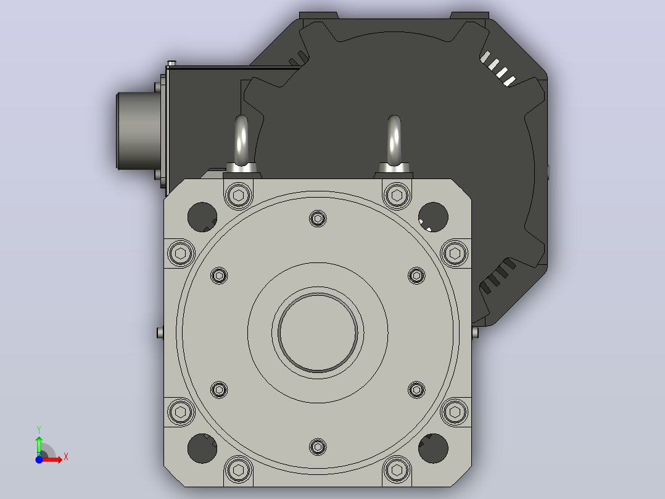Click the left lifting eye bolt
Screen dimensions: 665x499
(x=241, y=145)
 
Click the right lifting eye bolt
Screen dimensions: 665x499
(x=394, y=145)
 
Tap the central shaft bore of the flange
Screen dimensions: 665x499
(x=318, y=332)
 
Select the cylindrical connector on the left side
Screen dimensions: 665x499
(x=138, y=131)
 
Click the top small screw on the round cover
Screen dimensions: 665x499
(x=318, y=219)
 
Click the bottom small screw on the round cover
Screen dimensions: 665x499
(x=318, y=447)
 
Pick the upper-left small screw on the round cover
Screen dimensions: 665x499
(x=219, y=275)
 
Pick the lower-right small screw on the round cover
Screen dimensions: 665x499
(x=416, y=390)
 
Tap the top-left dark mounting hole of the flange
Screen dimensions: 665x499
(x=202, y=217)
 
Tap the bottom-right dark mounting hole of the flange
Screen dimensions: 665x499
(x=433, y=448)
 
